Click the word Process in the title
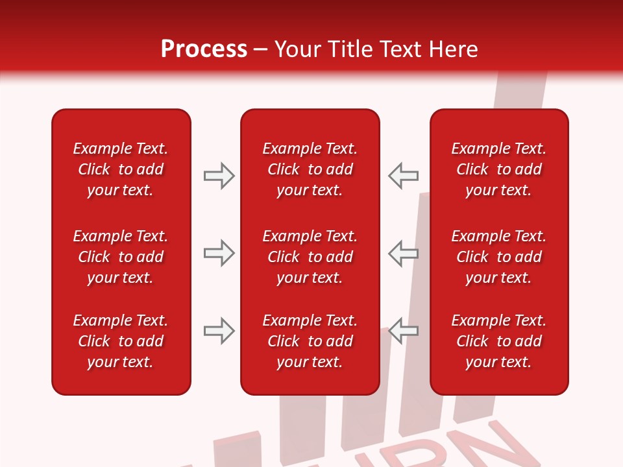pos(204,49)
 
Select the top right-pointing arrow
pos(219,176)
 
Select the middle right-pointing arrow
pos(219,253)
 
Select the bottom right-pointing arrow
pos(219,331)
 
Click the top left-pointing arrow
pos(403,175)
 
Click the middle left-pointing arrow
pos(403,253)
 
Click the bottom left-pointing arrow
pos(403,331)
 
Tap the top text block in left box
pos(121,169)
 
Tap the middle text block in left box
pos(121,257)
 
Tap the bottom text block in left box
pos(121,341)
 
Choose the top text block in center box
pos(310,169)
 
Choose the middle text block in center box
pos(310,257)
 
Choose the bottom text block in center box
pos(310,341)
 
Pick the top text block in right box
pos(498,169)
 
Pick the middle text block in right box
pos(498,257)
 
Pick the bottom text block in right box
pos(498,341)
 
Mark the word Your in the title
pos(299,49)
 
